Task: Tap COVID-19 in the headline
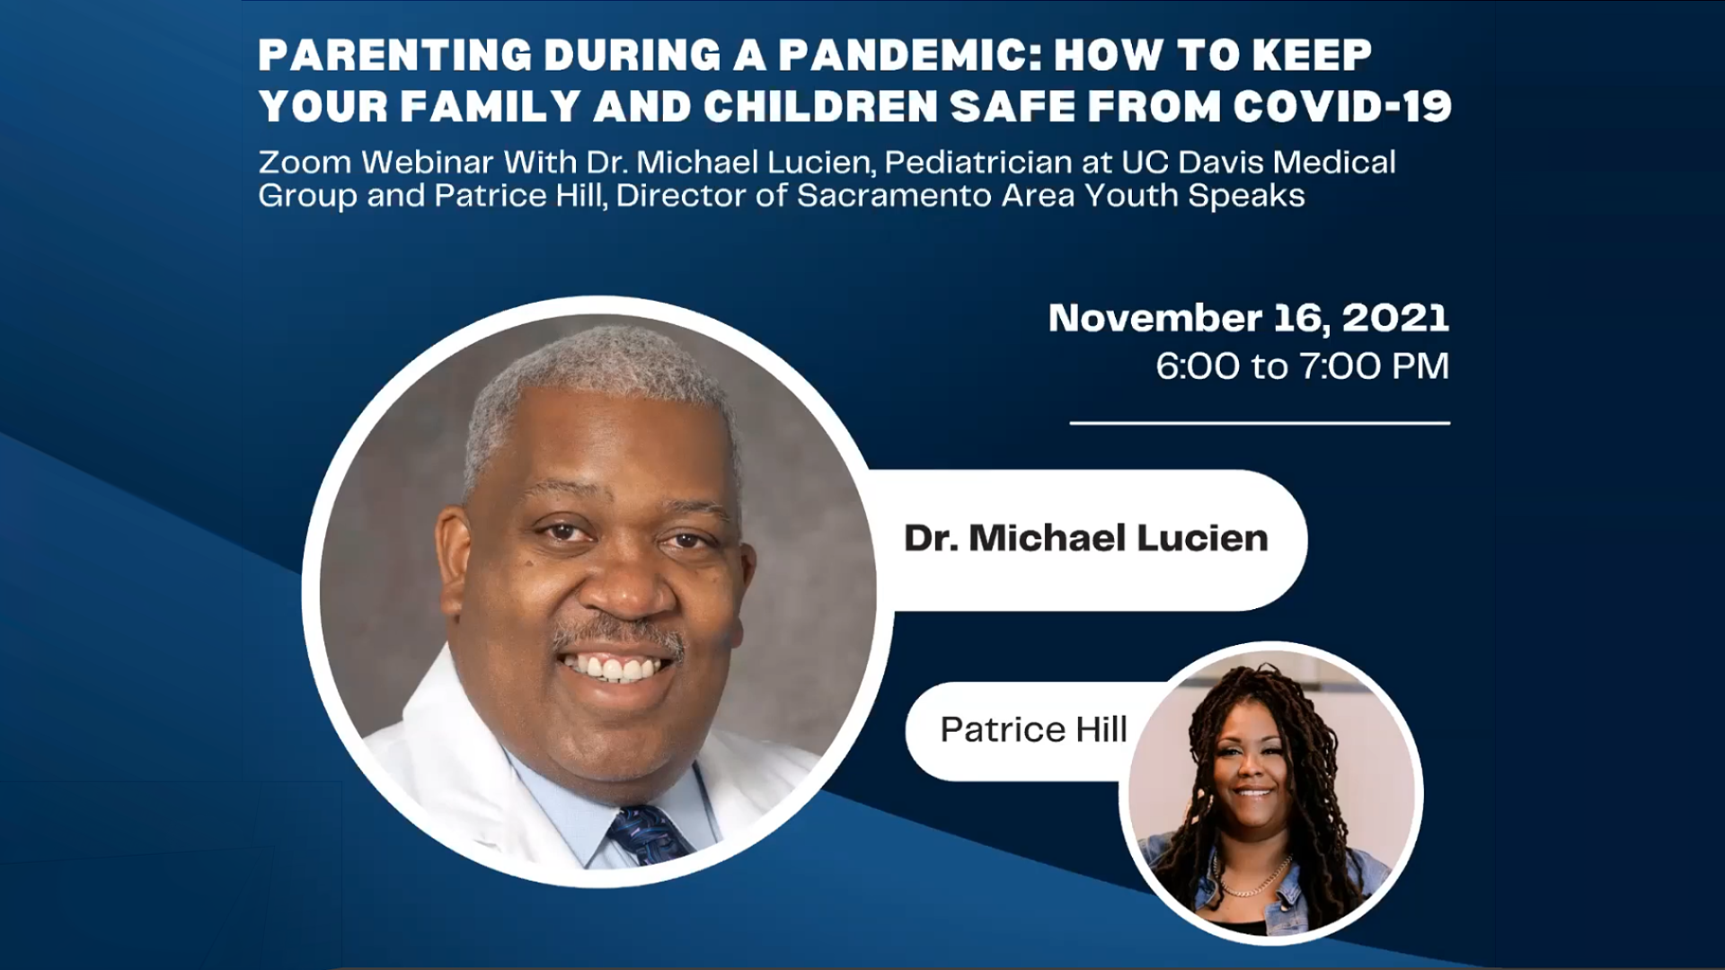tap(1342, 107)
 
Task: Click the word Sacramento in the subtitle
tap(893, 196)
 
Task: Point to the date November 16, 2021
tap(1249, 318)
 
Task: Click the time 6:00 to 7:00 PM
tap(1303, 366)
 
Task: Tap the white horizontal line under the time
tap(1260, 422)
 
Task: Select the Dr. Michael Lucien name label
tap(1086, 538)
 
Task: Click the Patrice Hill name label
tap(1033, 729)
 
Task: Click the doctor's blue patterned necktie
tap(649, 834)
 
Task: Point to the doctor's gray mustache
tap(618, 634)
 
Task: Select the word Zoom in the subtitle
tap(305, 163)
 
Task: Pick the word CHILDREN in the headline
tap(821, 107)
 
